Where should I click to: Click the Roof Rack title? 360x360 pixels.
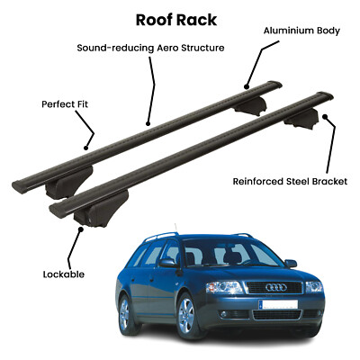[176, 20]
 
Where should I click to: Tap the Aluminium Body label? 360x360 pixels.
[301, 31]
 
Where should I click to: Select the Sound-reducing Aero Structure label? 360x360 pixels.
[150, 48]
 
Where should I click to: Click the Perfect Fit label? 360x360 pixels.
[65, 104]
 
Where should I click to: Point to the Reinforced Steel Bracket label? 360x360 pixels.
[290, 182]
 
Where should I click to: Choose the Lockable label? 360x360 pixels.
[64, 274]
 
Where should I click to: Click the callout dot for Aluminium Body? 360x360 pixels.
[247, 87]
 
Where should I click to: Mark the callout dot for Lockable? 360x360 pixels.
[80, 229]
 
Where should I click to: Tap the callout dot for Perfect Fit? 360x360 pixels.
[86, 148]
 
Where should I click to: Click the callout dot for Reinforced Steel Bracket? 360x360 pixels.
[325, 116]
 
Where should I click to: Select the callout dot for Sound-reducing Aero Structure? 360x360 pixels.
[148, 123]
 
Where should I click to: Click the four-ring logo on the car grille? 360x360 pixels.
[276, 288]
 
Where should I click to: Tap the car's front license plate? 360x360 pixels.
[278, 304]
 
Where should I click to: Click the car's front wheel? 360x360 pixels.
[187, 315]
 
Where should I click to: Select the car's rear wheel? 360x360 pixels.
[125, 313]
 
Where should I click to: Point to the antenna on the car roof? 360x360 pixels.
[175, 228]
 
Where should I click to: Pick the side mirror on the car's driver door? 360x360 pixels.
[167, 263]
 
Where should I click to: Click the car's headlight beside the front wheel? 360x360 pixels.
[224, 287]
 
